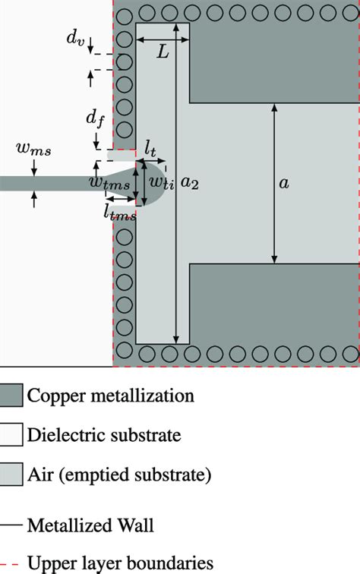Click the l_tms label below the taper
point(120,214)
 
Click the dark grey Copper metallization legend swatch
point(11,396)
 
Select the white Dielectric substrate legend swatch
point(11,435)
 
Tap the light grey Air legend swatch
point(11,475)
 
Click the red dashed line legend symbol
point(11,563)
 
